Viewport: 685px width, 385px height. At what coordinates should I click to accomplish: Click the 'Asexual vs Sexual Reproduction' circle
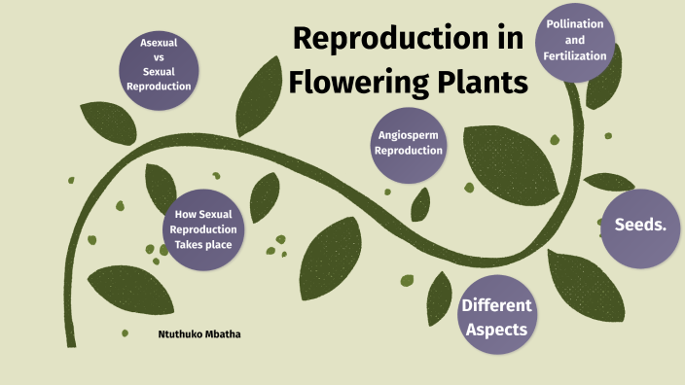[159, 65]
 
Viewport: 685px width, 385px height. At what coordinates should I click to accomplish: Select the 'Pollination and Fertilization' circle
[575, 41]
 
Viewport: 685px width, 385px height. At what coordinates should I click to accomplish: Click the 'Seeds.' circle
[639, 227]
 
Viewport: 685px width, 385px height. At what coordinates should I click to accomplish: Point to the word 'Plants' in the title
[483, 83]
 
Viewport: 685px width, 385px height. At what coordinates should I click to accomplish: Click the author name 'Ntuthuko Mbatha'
[198, 334]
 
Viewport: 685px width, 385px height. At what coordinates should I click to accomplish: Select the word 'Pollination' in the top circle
[575, 24]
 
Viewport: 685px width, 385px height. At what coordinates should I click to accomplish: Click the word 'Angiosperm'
[409, 136]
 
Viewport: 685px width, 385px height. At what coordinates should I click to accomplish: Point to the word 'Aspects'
[496, 330]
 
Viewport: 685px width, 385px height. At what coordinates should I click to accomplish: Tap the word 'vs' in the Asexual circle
[159, 57]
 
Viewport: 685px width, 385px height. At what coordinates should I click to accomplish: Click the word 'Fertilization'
[575, 55]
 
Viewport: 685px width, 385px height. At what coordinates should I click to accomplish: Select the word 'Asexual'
[159, 44]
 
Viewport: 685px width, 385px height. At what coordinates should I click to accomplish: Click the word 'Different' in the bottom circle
[496, 305]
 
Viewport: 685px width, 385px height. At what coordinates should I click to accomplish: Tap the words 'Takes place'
[203, 244]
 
